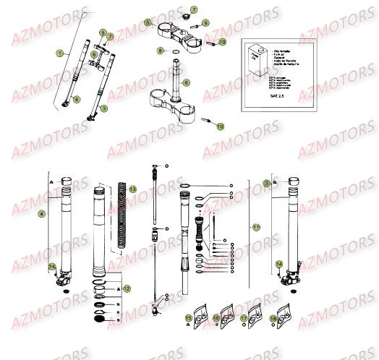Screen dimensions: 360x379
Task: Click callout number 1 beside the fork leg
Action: pos(63,53)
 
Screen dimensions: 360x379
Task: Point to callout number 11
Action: pos(256,227)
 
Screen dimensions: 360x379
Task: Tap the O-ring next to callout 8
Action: pos(175,51)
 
